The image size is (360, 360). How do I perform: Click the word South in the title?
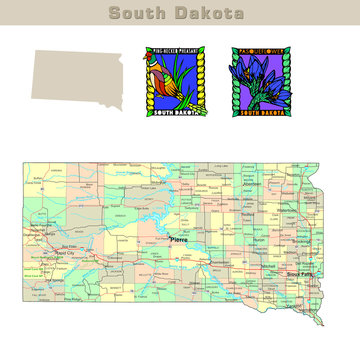[140, 13]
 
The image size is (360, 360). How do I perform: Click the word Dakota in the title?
[208, 13]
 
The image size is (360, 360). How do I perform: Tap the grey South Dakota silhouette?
[75, 74]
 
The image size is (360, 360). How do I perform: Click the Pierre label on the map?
[180, 240]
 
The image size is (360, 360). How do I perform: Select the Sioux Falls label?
[301, 273]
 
